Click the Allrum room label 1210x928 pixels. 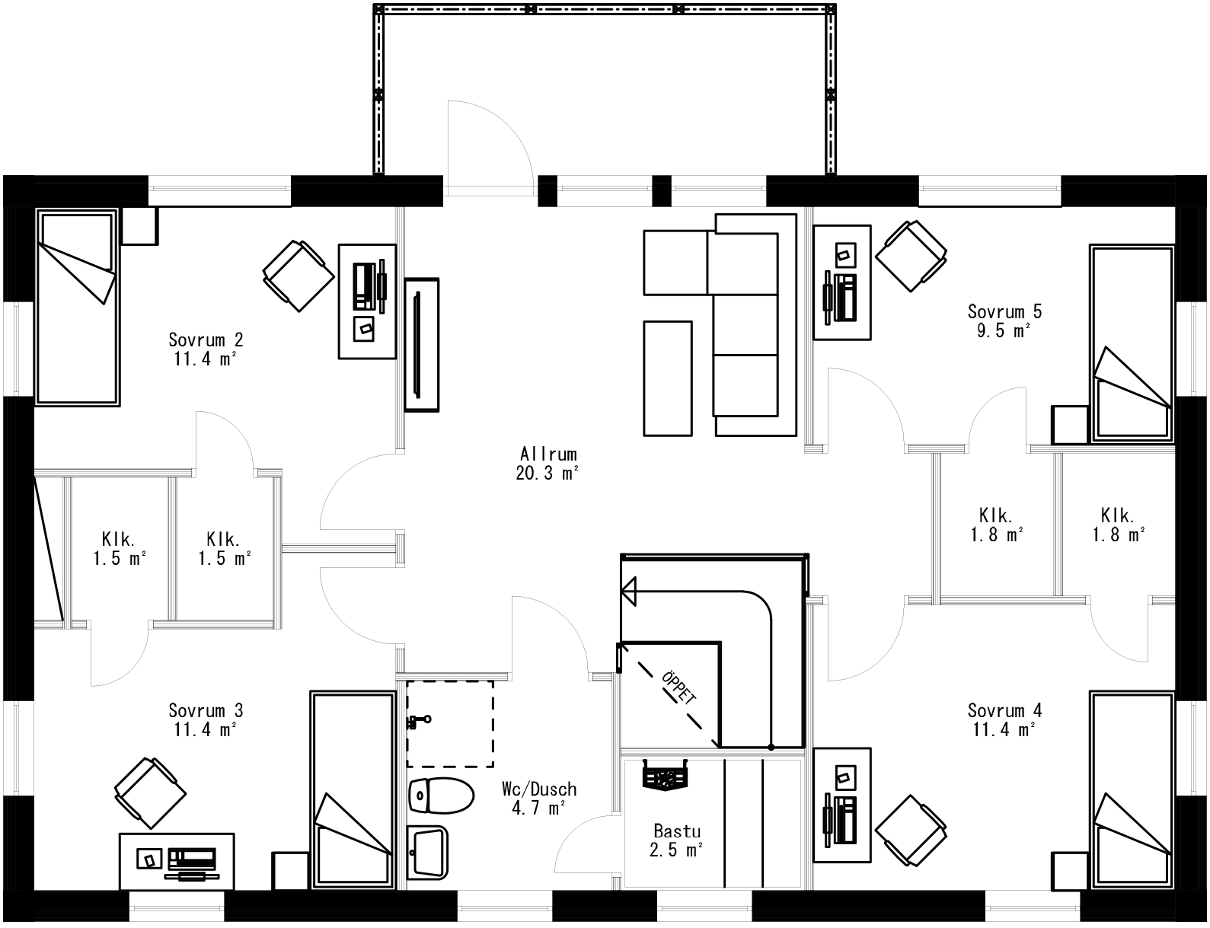(x=546, y=454)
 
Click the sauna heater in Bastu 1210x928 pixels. (x=665, y=777)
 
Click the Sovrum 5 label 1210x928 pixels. (x=1004, y=311)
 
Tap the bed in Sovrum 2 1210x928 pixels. (x=77, y=307)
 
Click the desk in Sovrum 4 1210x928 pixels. (x=842, y=805)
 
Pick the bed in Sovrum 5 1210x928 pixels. (x=1132, y=343)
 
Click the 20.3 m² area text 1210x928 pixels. (x=546, y=474)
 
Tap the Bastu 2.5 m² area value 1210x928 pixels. (x=675, y=850)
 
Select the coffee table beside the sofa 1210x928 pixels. (x=668, y=378)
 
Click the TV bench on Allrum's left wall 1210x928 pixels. (x=421, y=345)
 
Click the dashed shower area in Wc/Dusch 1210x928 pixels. (x=449, y=723)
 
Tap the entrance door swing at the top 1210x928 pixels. (x=487, y=145)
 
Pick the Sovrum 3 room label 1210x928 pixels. (x=206, y=711)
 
